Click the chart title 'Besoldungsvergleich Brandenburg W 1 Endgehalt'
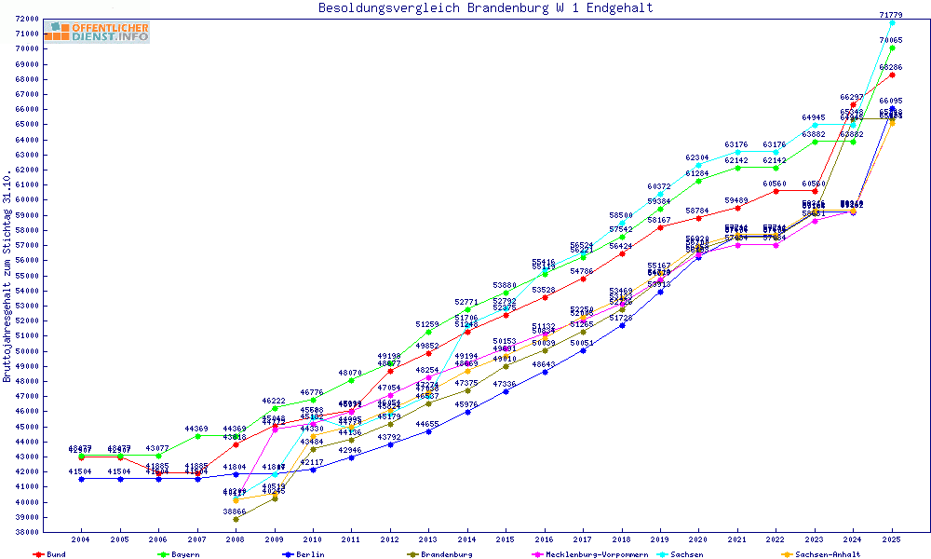pos(485,8)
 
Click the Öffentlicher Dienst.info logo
pos(97,32)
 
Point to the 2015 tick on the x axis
pos(505,539)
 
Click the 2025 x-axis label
pos(891,539)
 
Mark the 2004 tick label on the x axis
pos(82,539)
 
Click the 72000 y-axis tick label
pos(25,19)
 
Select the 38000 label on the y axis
pos(25,532)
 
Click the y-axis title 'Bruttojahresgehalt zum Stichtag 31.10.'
pos(7,277)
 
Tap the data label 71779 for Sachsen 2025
pos(891,14)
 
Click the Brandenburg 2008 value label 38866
pos(235,511)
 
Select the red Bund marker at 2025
pos(892,75)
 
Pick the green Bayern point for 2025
pos(892,48)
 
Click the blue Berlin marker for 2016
pos(545,372)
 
